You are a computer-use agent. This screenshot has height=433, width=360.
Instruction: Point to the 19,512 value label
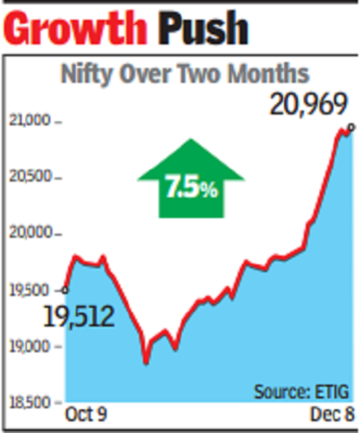click(79, 316)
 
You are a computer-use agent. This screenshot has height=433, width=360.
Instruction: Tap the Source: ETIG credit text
click(300, 392)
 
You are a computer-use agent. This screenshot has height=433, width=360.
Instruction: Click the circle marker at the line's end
click(351, 127)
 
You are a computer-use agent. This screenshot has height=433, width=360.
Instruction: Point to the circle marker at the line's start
click(65, 290)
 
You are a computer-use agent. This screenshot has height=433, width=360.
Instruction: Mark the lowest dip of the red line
click(146, 362)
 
